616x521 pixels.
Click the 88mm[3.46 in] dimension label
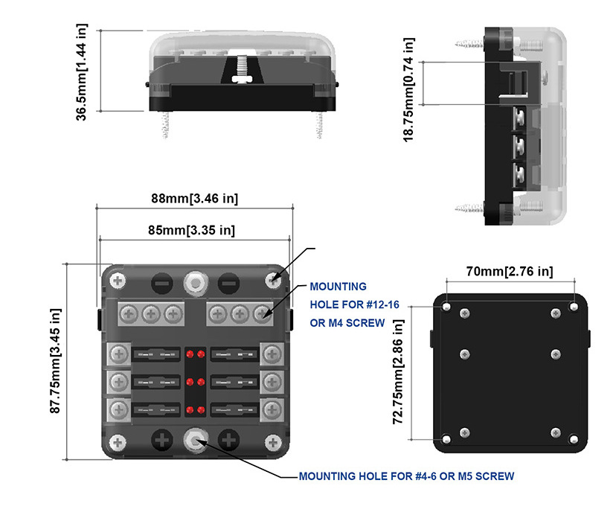click(194, 199)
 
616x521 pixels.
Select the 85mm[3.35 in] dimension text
click(193, 230)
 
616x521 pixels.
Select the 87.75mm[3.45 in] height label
click(55, 360)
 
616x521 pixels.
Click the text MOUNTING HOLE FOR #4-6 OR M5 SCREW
click(406, 476)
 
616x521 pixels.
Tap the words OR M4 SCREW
click(347, 322)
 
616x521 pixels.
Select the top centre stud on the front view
click(196, 281)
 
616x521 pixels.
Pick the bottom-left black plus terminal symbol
click(161, 441)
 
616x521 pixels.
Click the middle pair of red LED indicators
click(196, 382)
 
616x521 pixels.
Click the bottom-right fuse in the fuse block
click(236, 409)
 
